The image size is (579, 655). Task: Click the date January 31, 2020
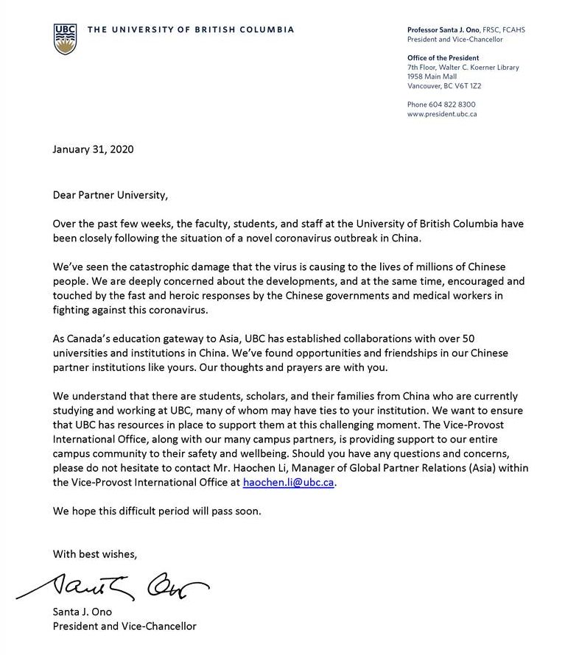(93, 149)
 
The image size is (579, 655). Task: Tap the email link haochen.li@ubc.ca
(289, 483)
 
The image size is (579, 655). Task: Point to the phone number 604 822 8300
(452, 105)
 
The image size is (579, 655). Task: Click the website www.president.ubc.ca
(442, 114)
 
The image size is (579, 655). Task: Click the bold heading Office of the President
(443, 58)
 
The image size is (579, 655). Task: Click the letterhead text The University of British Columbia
(190, 30)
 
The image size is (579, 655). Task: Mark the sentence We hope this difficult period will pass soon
(156, 511)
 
